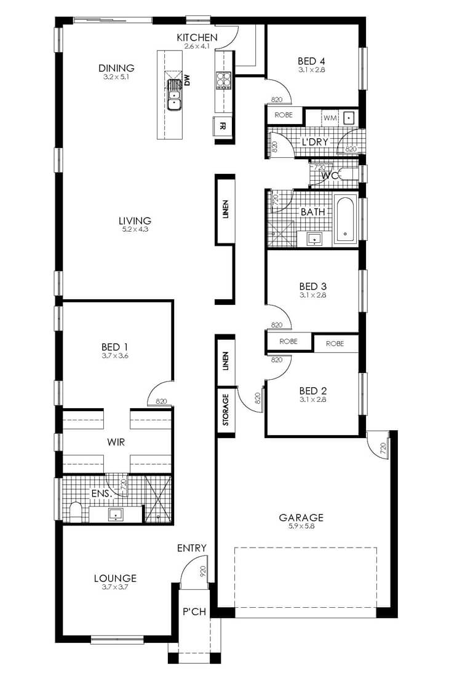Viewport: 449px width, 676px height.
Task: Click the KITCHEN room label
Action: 197,37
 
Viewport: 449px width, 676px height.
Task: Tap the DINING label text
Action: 116,68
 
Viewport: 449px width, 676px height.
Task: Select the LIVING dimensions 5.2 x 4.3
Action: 135,229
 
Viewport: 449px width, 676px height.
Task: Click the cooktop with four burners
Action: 223,80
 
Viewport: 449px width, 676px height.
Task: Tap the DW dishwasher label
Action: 187,81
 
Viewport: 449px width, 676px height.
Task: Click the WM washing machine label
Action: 330,118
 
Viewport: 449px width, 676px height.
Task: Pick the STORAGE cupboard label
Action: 225,409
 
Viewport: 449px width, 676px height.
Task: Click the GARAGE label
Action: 301,517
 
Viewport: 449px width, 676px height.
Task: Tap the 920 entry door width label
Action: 203,572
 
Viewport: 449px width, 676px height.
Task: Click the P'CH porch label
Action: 194,611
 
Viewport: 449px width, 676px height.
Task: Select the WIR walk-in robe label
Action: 116,442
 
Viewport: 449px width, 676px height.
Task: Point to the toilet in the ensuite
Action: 76,511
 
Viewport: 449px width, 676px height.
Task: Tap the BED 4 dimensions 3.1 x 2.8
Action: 311,70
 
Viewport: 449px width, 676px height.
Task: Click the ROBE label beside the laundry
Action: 284,115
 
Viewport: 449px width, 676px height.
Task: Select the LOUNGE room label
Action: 115,578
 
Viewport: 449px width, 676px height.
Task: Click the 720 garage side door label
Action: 383,449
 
